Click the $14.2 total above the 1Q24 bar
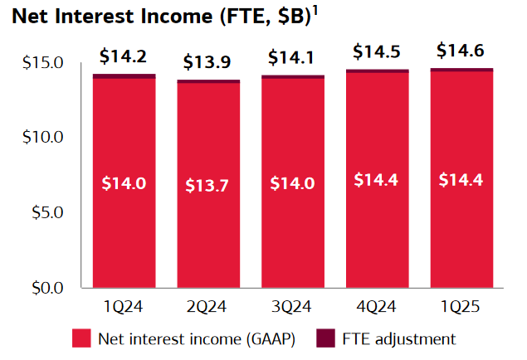[x=124, y=56]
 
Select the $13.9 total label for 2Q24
[x=208, y=62]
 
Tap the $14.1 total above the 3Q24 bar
[x=293, y=59]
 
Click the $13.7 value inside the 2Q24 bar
[x=208, y=184]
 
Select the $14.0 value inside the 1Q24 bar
[x=124, y=183]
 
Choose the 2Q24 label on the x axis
[x=208, y=308]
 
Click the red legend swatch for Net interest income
[x=81, y=338]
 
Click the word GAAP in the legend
[x=266, y=339]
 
